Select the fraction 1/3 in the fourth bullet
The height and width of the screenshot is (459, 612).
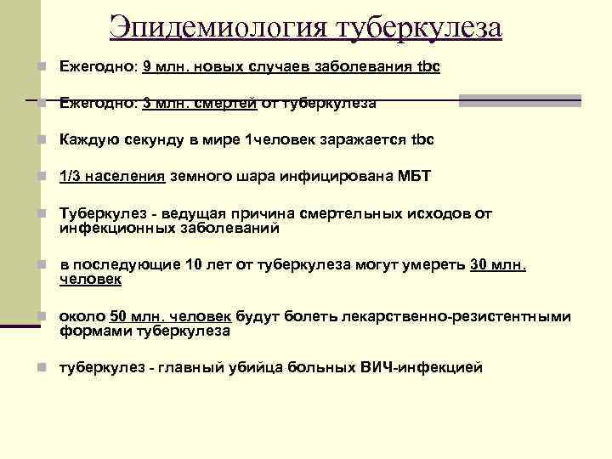71,176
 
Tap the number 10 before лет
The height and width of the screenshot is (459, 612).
192,264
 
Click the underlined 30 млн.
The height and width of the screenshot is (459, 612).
497,264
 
